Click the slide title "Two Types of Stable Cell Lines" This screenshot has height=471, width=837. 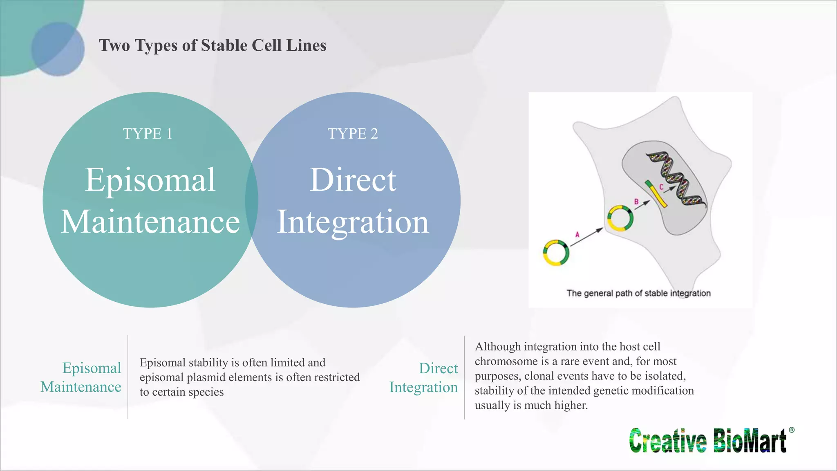(213, 45)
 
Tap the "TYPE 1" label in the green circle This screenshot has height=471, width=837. (148, 134)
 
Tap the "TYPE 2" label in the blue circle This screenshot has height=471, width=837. (353, 134)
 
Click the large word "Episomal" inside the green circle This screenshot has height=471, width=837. (150, 180)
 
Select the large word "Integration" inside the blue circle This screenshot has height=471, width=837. (353, 222)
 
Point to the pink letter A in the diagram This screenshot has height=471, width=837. (577, 235)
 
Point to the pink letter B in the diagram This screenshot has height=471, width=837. (636, 202)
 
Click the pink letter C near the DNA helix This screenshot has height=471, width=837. (661, 187)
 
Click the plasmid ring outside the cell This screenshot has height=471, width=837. (556, 253)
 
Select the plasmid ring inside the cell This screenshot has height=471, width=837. (620, 218)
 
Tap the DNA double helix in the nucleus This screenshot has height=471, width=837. (676, 178)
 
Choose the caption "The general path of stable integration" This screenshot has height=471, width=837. (638, 293)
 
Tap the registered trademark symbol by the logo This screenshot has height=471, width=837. (792, 430)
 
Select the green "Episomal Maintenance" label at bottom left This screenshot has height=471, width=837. (81, 377)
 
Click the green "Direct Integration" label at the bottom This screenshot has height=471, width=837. (423, 377)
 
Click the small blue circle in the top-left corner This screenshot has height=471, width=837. (58, 49)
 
